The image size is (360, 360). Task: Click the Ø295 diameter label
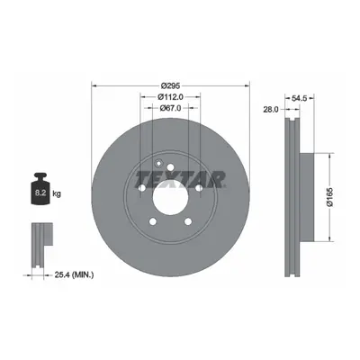click(x=170, y=85)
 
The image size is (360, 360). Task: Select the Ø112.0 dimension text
click(x=170, y=97)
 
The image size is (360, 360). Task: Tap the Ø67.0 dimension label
click(x=170, y=108)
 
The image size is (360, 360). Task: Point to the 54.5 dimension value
click(x=300, y=98)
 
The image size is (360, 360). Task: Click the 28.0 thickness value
click(x=271, y=110)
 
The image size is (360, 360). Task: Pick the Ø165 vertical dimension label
click(x=330, y=197)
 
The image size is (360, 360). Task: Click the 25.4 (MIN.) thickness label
click(x=74, y=274)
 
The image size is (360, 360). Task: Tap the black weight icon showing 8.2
click(x=40, y=189)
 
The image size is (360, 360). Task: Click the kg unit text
click(x=57, y=193)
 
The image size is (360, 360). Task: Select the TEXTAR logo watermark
click(x=181, y=179)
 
